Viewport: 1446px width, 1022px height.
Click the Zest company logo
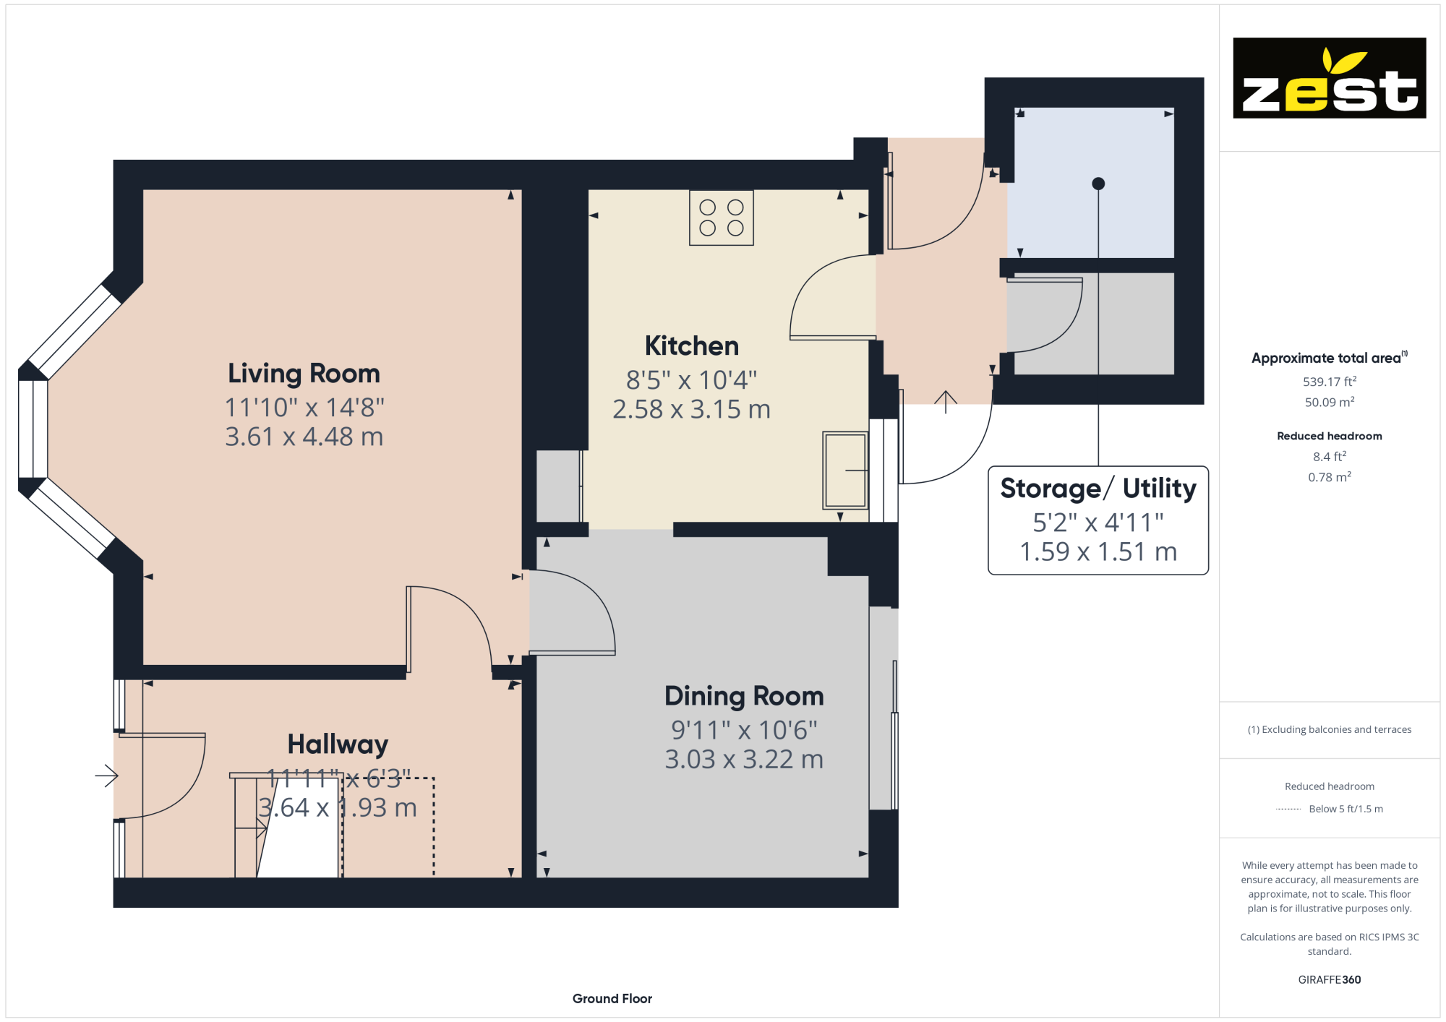click(x=1329, y=78)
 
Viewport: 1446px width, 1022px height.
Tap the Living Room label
click(x=304, y=374)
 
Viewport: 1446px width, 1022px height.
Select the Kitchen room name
click(x=692, y=346)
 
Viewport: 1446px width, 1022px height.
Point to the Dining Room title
click(x=744, y=696)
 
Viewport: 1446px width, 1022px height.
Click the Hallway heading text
click(x=338, y=744)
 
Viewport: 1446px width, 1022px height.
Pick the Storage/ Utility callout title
click(x=1098, y=489)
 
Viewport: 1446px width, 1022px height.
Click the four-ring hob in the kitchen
click(x=722, y=218)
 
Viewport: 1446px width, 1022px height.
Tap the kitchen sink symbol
click(x=845, y=471)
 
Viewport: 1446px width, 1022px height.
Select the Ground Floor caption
click(x=612, y=999)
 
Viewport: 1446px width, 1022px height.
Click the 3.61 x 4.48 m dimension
click(x=304, y=437)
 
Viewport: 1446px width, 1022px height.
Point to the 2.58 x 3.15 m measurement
click(x=691, y=409)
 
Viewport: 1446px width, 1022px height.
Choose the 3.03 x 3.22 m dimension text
click(x=744, y=759)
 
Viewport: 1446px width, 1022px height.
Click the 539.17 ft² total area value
click(x=1330, y=381)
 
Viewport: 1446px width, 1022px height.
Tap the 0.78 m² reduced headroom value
click(x=1330, y=477)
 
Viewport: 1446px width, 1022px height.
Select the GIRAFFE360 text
click(x=1330, y=980)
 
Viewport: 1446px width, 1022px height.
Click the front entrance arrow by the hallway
click(x=106, y=776)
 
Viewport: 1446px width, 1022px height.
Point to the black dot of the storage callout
click(x=1098, y=184)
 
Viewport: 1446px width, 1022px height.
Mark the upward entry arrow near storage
click(x=946, y=402)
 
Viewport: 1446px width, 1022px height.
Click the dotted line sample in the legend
click(x=1288, y=810)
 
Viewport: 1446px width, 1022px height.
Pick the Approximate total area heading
click(x=1329, y=358)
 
